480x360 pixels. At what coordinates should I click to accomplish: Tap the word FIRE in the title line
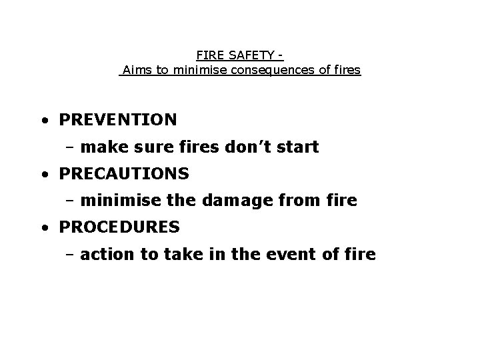tap(209, 56)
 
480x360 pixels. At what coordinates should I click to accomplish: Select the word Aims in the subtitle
tap(137, 70)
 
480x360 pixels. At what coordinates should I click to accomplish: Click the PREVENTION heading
tap(118, 120)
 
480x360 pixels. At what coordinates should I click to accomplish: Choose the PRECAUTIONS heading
tap(124, 173)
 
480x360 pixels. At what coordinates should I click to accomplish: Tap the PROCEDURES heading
tap(119, 227)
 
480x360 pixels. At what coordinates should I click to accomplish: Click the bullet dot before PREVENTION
tap(43, 121)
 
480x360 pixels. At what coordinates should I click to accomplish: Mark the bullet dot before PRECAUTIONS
tap(43, 175)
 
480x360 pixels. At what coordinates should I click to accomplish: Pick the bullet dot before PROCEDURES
tap(43, 229)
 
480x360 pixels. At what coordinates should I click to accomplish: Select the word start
tap(297, 147)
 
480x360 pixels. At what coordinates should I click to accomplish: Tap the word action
tap(103, 254)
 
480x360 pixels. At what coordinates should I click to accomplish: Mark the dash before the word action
tap(70, 255)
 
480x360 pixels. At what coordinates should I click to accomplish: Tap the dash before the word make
tap(70, 147)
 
